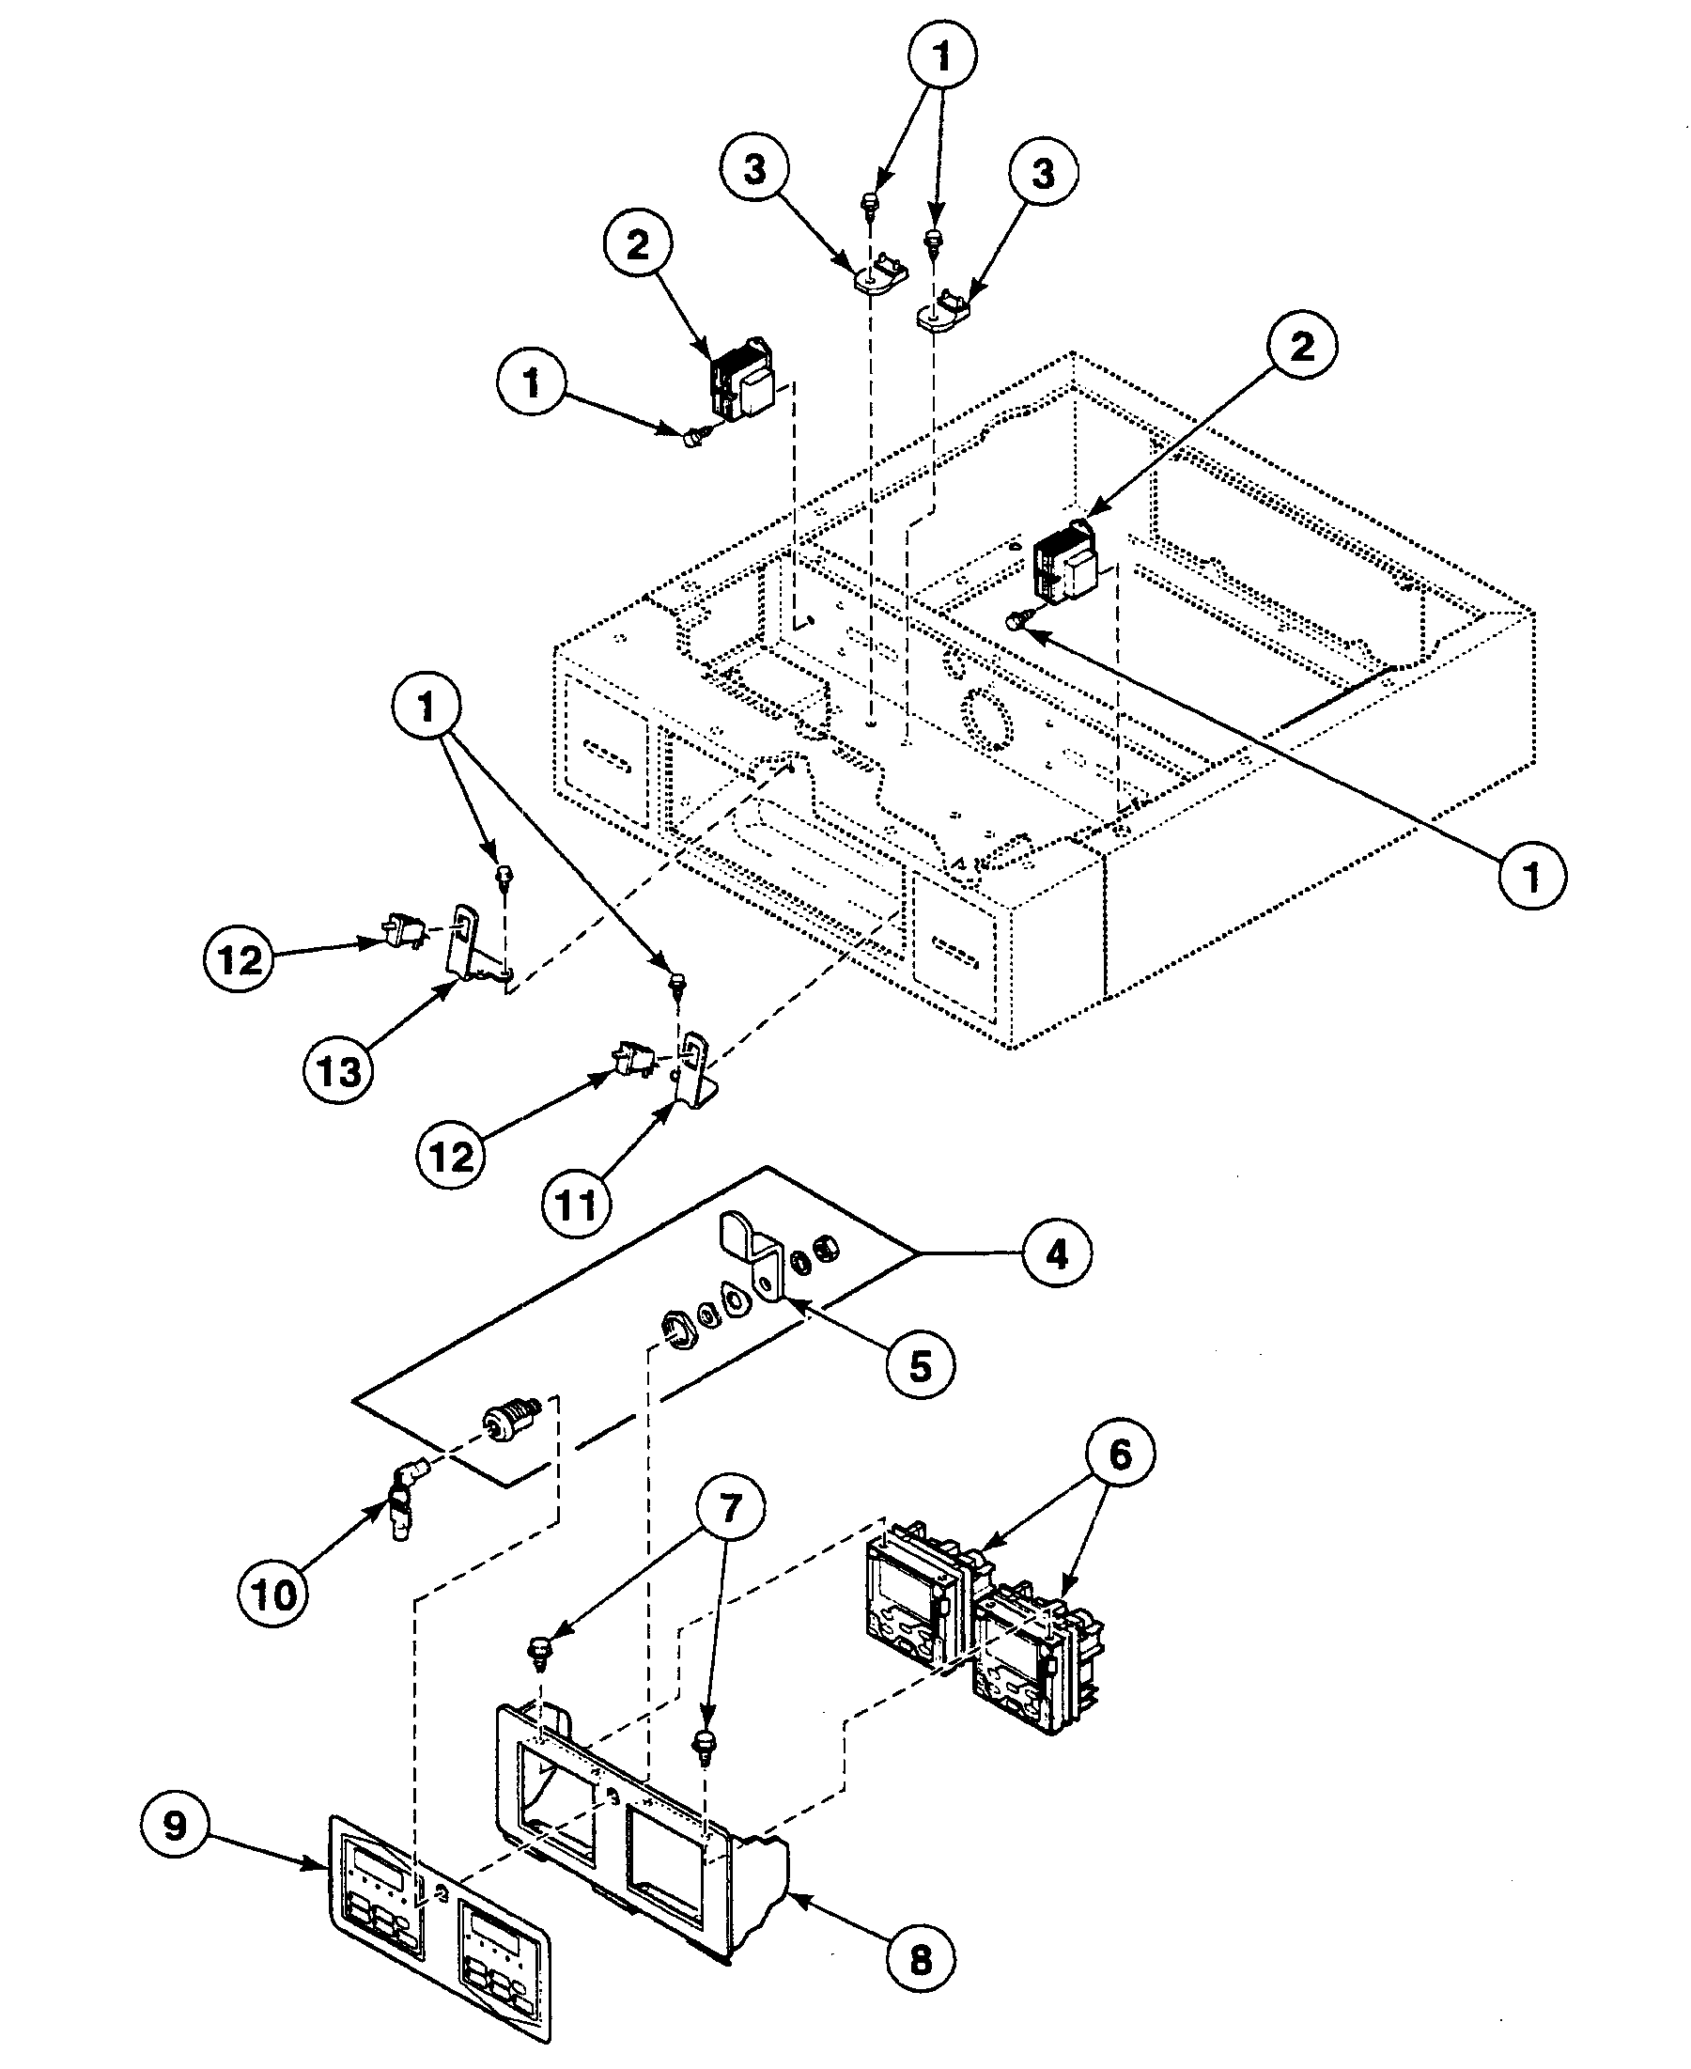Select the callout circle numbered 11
pos(576,1205)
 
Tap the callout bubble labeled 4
pos(1057,1253)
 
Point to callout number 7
pos(730,1509)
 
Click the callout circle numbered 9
pos(176,1825)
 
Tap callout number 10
pos(273,1595)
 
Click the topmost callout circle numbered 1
pos(942,56)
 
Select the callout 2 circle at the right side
pos(1302,346)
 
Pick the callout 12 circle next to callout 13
pos(240,959)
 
